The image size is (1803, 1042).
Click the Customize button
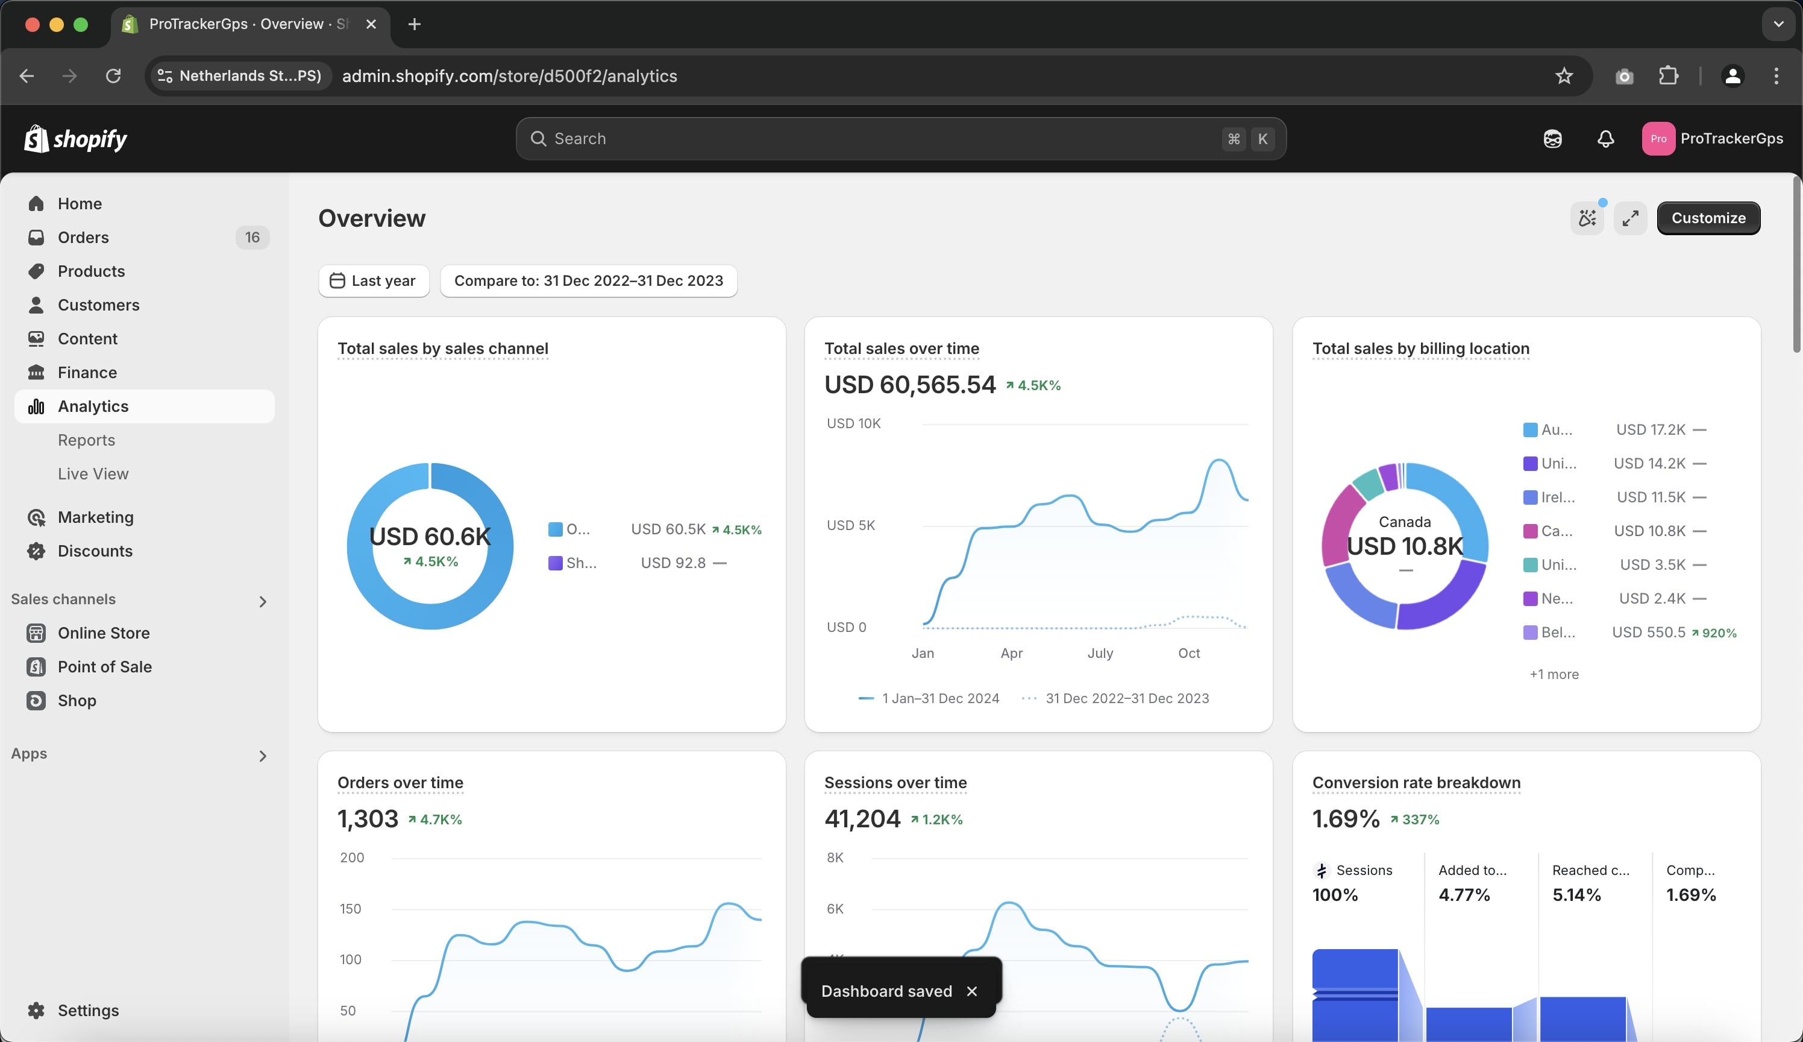pos(1708,218)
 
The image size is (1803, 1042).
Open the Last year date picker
pos(374,280)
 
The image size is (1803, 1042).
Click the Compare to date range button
pos(588,280)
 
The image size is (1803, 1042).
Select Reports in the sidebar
pos(87,440)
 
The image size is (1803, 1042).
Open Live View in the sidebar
pos(93,474)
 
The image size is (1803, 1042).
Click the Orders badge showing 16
pos(252,238)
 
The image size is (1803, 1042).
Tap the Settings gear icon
pos(36,1010)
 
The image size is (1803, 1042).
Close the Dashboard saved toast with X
pos(971,991)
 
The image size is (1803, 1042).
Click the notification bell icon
pos(1605,139)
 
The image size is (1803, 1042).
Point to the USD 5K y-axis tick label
pos(850,525)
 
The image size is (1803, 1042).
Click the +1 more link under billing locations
pos(1554,674)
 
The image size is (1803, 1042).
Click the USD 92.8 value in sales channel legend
pos(673,563)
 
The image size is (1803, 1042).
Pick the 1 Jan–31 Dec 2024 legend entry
pos(939,698)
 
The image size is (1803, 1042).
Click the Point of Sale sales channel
pos(104,667)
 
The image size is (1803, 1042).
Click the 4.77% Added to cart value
pos(1464,895)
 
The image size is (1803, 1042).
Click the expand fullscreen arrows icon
pos(1630,218)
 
